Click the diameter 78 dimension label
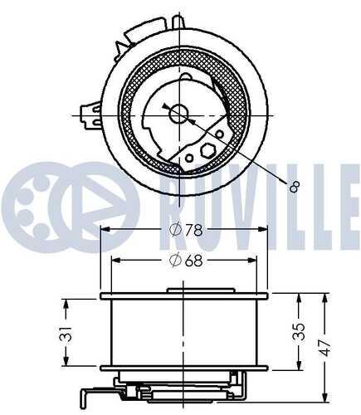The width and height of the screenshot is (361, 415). coord(186,230)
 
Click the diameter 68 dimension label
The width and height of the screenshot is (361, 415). coord(186,260)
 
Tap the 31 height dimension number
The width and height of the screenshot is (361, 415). coord(66,334)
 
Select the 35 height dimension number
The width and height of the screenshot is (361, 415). coord(299,331)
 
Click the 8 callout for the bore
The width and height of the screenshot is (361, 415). coord(295,187)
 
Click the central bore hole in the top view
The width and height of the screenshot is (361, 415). coord(179,114)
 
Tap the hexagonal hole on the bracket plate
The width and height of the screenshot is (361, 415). coord(207,150)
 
